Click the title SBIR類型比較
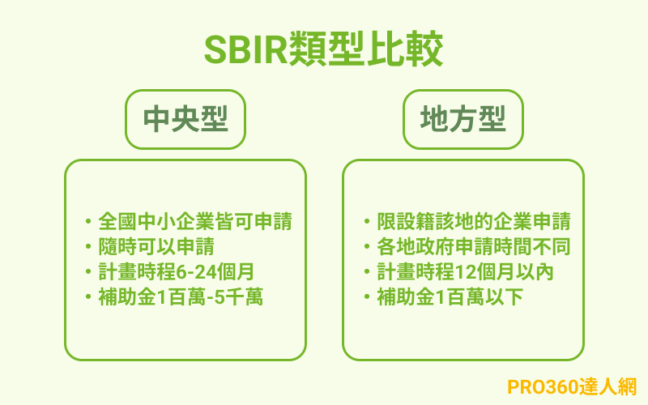tap(324, 50)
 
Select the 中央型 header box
tap(185, 120)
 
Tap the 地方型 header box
tap(463, 120)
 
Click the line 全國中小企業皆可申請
tap(194, 221)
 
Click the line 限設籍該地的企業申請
tap(474, 221)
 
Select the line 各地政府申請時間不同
tap(474, 246)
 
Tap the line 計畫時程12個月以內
tap(465, 271)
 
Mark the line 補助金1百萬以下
tap(450, 297)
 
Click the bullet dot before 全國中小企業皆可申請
tap(87, 221)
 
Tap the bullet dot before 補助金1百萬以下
tap(366, 297)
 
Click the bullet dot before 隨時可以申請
tap(87, 246)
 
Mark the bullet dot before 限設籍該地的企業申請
tap(366, 221)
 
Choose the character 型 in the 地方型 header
tap(491, 120)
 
